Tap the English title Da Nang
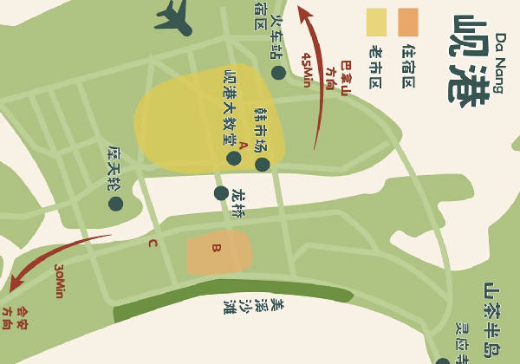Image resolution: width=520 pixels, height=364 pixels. point(500,62)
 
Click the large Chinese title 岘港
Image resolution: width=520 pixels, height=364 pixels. point(468,61)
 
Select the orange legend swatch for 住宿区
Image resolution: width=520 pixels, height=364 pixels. point(408,23)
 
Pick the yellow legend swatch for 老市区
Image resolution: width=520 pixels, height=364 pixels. point(376,23)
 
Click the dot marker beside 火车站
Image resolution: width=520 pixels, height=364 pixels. point(278,73)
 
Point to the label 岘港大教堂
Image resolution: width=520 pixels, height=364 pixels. point(231,107)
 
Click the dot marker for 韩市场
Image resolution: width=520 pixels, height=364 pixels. point(262,165)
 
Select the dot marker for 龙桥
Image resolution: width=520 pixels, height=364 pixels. point(221,193)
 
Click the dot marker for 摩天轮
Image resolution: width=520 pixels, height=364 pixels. point(115,204)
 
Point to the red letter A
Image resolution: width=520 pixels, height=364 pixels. point(244,146)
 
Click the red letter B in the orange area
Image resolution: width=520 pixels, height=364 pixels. point(217,248)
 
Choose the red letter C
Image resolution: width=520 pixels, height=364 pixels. point(153,244)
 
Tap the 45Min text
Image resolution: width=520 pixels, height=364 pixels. point(306,70)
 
